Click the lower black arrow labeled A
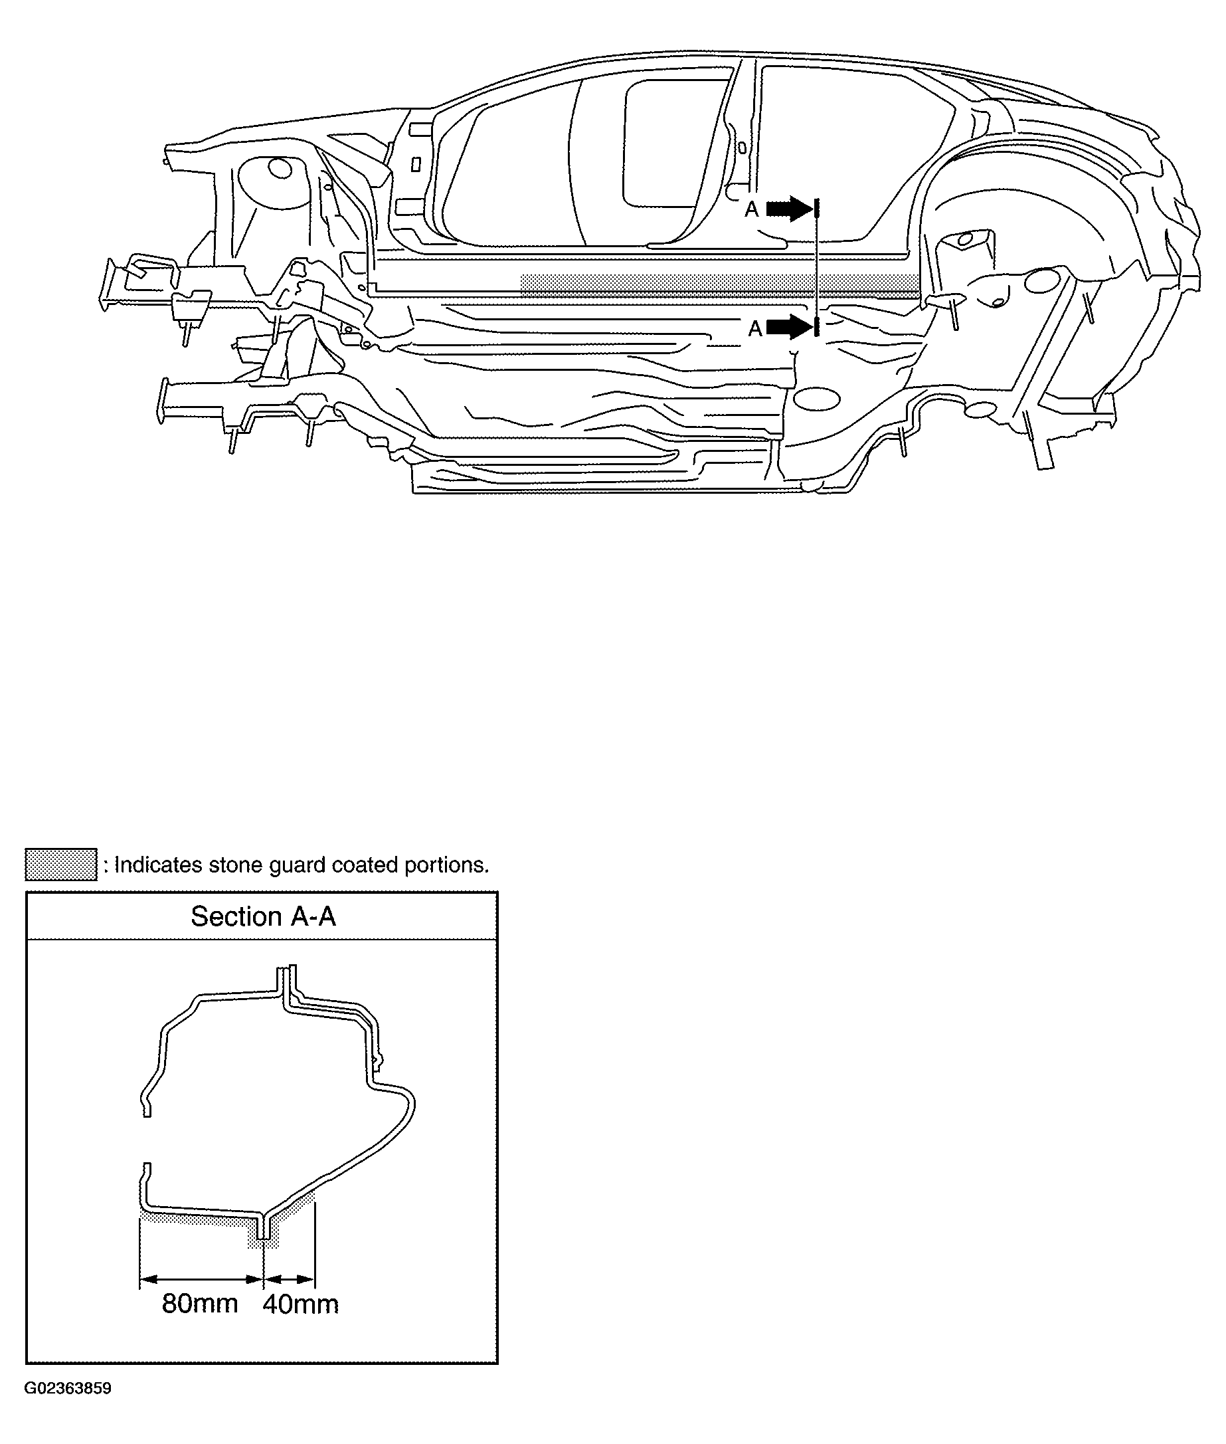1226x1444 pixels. [x=791, y=326]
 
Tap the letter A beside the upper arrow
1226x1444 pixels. [x=751, y=209]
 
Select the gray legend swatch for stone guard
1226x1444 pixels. [x=61, y=864]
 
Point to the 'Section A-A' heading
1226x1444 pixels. [x=264, y=916]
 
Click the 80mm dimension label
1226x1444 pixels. [x=200, y=1303]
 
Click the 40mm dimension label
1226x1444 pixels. [x=300, y=1304]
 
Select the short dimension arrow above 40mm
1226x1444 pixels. [x=290, y=1278]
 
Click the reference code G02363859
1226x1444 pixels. [x=68, y=1388]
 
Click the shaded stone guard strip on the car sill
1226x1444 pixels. [x=720, y=284]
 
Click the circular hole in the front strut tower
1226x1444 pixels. [x=280, y=167]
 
